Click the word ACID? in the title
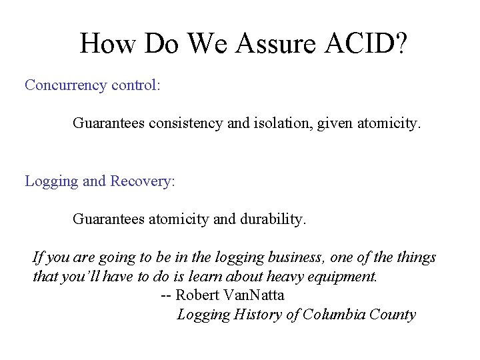pos(366,44)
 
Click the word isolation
pos(282,123)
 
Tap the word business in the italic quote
pos(293,257)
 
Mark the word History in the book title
pos(257,315)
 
